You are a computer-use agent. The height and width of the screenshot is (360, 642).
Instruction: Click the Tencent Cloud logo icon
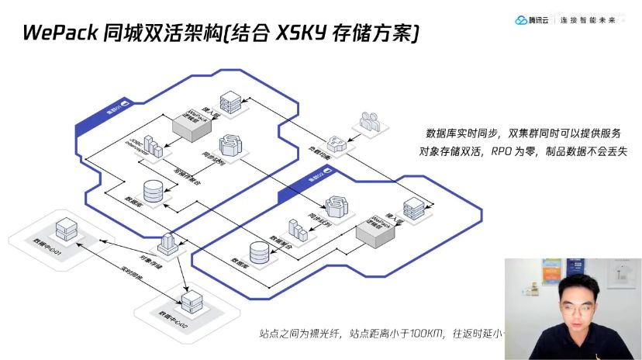pyautogui.click(x=522, y=20)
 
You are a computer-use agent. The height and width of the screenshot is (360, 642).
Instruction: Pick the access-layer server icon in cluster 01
pyautogui.click(x=230, y=101)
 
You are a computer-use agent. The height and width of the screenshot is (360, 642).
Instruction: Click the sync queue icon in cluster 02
pyautogui.click(x=337, y=206)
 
